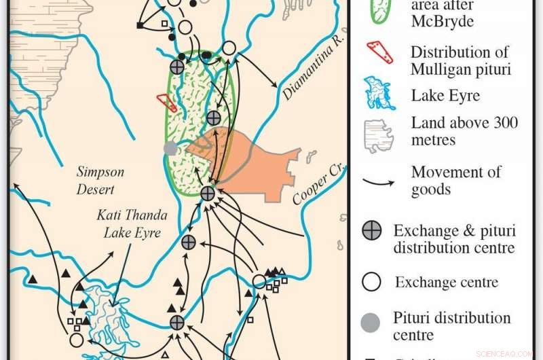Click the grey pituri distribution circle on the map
tap(171, 149)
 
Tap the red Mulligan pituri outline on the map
tap(167, 103)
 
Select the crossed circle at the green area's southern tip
tap(208, 194)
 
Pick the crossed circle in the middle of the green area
tap(214, 118)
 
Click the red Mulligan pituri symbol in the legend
tap(380, 52)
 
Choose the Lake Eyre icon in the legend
tap(380, 93)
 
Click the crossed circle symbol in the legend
tap(371, 231)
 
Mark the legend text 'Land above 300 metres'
tap(464, 132)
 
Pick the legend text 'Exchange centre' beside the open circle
tap(447, 282)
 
